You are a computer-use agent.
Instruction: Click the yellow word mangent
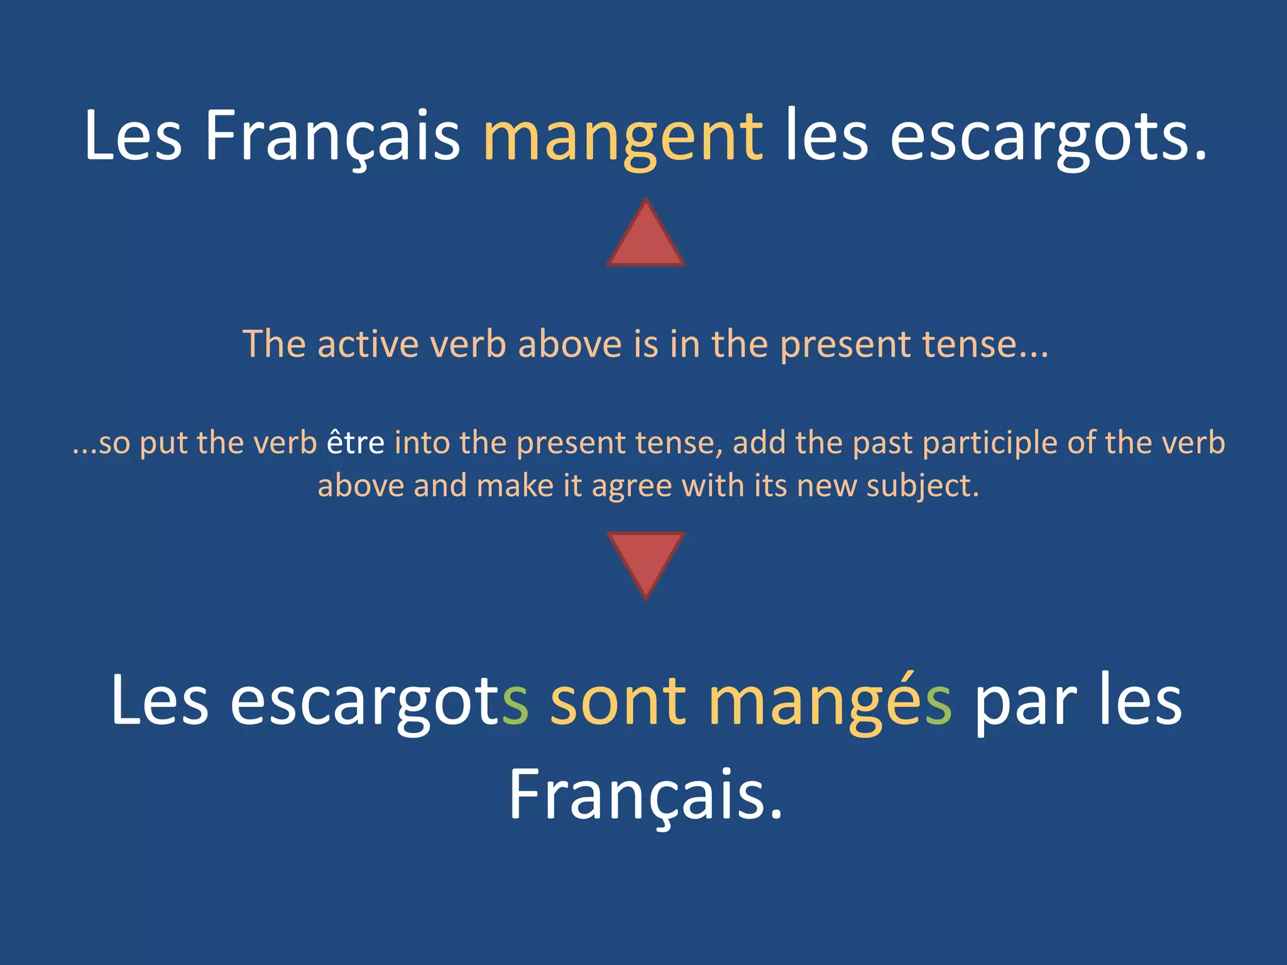point(623,137)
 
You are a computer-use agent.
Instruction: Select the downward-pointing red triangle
point(645,559)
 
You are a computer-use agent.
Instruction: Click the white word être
point(355,442)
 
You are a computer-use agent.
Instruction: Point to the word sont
point(618,701)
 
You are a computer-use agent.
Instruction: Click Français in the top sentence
point(332,137)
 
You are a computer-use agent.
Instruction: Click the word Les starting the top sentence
point(133,137)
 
